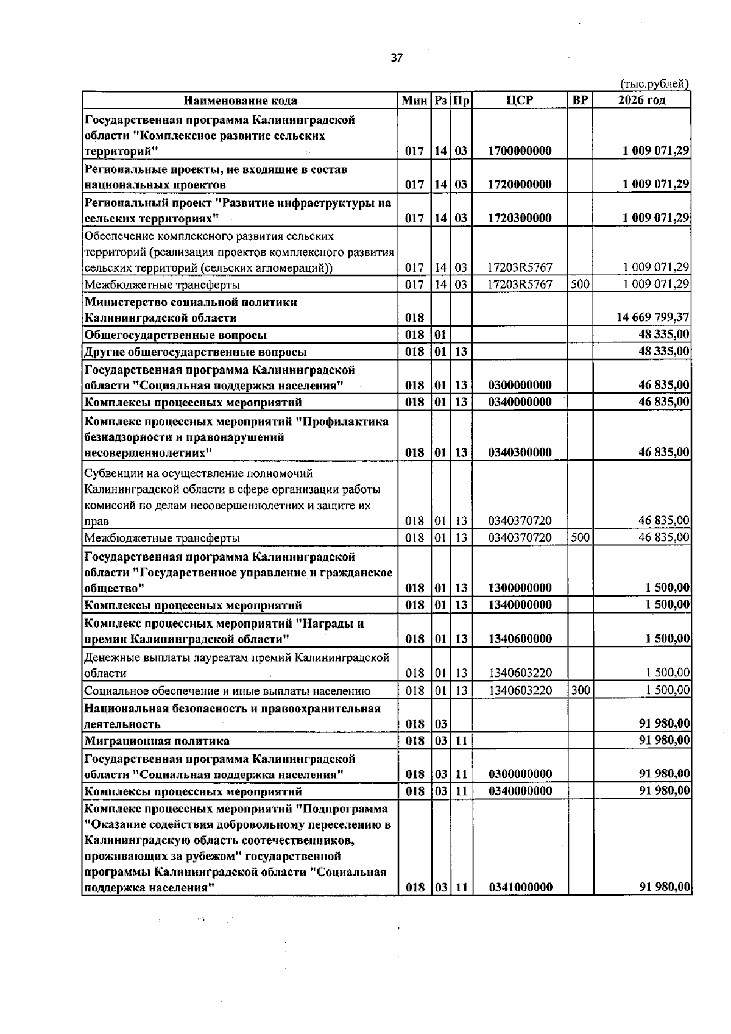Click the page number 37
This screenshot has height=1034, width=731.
pos(397,58)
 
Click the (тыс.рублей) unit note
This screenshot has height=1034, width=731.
pos(654,84)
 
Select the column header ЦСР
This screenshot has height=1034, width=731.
pos(520,101)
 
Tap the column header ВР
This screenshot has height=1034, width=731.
pos(580,101)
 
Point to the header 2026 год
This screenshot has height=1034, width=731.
pos(641,101)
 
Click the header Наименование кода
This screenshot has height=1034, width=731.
pos(241,101)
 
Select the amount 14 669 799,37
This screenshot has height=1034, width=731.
pos(652,317)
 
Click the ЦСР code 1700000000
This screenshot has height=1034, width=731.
pos(520,151)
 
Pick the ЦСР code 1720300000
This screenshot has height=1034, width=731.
pos(520,218)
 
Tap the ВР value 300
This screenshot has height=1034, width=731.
pos(581,690)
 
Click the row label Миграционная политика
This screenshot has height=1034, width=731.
pos(157,742)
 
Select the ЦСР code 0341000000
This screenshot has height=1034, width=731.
pos(520,888)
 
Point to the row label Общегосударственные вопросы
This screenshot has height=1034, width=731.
pos(175,335)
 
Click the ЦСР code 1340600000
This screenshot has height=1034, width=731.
pos(520,639)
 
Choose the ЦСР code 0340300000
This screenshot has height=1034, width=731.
pos(520,453)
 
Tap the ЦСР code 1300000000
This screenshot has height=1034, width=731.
pos(520,589)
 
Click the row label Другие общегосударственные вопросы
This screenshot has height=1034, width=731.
pos(196,352)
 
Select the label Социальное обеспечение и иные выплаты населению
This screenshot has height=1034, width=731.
pos(227,691)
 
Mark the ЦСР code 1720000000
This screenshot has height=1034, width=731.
pos(520,185)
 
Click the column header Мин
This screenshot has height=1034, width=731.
pos(414,101)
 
